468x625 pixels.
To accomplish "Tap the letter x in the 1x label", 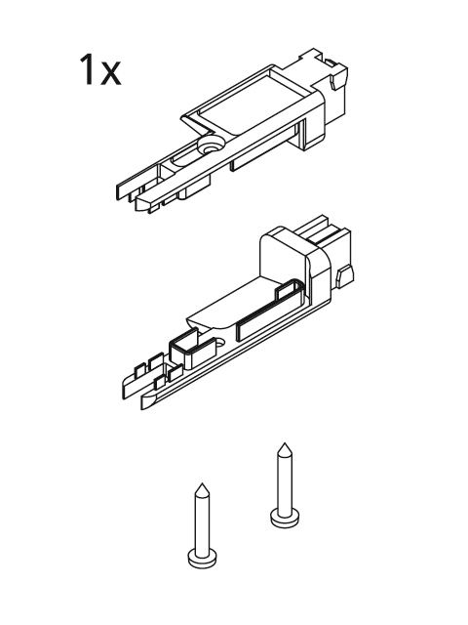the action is (110, 74).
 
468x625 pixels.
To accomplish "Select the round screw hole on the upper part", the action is (211, 146).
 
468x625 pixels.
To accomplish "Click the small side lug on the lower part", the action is (345, 276).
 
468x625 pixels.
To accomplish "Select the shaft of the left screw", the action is (202, 523).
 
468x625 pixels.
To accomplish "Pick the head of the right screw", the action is (285, 518).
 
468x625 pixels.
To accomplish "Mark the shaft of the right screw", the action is (285, 483).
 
